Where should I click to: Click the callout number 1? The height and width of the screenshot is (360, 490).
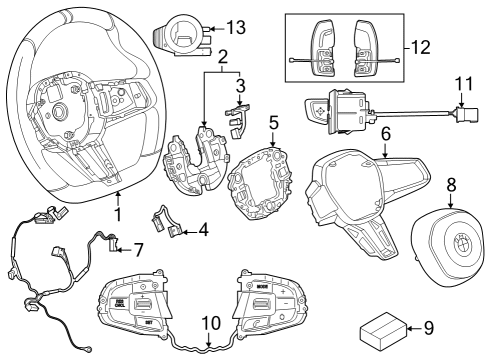pyautogui.click(x=119, y=214)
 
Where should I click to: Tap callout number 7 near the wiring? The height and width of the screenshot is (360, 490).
pyautogui.click(x=140, y=248)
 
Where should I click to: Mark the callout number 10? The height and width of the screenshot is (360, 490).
pyautogui.click(x=211, y=322)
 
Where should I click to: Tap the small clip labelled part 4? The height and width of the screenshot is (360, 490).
pyautogui.click(x=166, y=220)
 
